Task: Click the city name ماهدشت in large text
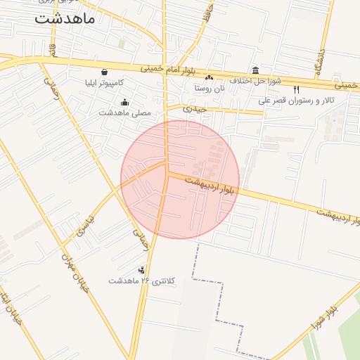[64, 18]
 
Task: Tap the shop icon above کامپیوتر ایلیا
[105, 72]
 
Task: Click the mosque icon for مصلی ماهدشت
[125, 102]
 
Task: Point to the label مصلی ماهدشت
[125, 112]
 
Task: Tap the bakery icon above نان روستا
[209, 77]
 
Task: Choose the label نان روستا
[210, 88]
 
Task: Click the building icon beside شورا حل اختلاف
[255, 71]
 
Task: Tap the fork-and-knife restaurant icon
[296, 89]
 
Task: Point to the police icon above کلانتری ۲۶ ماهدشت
[142, 269]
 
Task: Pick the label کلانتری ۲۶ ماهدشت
[141, 281]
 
